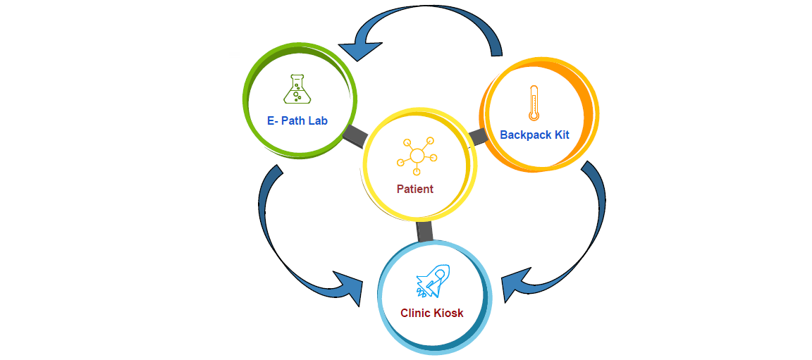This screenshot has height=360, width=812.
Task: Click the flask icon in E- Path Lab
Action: coord(297,89)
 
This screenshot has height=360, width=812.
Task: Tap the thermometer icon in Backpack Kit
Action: coord(534,103)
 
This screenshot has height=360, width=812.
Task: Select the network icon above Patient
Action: coord(417,156)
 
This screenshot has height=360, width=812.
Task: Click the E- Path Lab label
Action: coord(297,120)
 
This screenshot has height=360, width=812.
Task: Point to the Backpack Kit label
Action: coord(534,135)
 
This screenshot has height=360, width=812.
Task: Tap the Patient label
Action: coord(414,189)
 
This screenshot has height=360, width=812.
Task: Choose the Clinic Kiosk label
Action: coord(432,313)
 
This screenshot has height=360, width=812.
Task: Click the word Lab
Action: coord(318,120)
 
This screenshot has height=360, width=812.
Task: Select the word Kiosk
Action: coord(448,313)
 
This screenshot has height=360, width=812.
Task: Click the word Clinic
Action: coord(415,313)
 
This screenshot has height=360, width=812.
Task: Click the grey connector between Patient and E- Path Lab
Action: coord(355,136)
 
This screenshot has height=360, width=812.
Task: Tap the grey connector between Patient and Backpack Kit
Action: coord(478,136)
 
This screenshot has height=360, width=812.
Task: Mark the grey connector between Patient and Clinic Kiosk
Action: coord(424,231)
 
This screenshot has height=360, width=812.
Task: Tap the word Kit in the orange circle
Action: coord(561,135)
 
